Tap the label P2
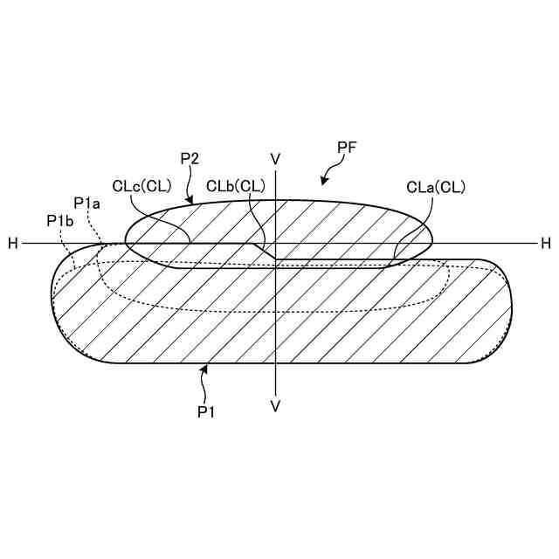[190, 158]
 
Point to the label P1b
[59, 222]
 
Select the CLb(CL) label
[236, 186]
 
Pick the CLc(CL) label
[141, 186]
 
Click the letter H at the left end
[13, 244]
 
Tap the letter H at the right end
[545, 244]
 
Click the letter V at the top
[275, 159]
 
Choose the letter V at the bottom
[275, 406]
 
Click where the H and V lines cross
[275, 243]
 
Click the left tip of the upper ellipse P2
[127, 235]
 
